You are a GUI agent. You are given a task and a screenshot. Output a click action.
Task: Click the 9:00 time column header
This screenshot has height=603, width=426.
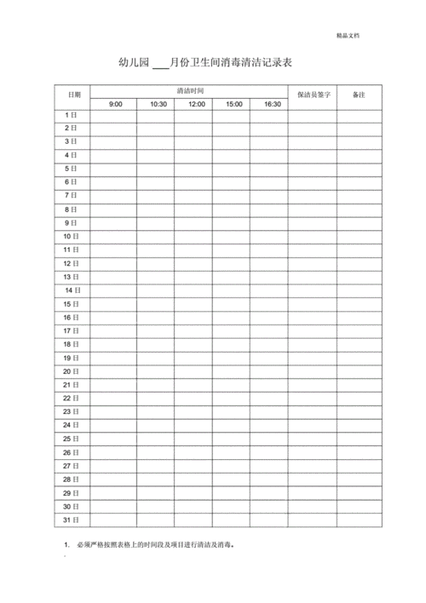click(x=116, y=104)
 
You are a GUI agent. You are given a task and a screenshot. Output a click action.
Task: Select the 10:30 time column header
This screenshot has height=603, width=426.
click(x=158, y=104)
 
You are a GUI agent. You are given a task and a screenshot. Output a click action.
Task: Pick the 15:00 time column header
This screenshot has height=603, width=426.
click(x=234, y=104)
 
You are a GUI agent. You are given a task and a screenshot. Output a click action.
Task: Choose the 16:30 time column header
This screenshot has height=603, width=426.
click(x=272, y=104)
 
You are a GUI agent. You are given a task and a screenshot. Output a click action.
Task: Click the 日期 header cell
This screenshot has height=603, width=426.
click(x=74, y=95)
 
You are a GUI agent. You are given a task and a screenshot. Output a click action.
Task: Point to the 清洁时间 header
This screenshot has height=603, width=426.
click(x=190, y=90)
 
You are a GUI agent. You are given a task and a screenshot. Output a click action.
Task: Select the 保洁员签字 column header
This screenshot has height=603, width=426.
click(x=313, y=95)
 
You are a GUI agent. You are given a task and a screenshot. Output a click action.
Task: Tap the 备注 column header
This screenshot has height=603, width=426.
click(x=359, y=95)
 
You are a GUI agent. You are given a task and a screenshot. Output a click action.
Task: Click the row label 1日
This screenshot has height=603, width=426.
click(x=72, y=114)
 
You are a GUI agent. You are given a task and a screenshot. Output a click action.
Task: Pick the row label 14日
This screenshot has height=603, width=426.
click(x=73, y=290)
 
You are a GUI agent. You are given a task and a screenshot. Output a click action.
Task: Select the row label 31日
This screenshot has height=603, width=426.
click(x=72, y=520)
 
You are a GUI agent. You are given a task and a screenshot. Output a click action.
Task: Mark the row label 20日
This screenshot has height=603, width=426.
click(x=72, y=371)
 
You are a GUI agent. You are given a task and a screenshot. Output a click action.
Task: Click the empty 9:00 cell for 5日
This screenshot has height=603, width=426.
click(x=116, y=169)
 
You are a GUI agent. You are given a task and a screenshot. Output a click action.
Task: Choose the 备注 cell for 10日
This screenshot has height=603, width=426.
click(x=359, y=236)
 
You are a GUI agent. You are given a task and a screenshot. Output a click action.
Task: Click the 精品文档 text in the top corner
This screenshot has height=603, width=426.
click(x=348, y=36)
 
